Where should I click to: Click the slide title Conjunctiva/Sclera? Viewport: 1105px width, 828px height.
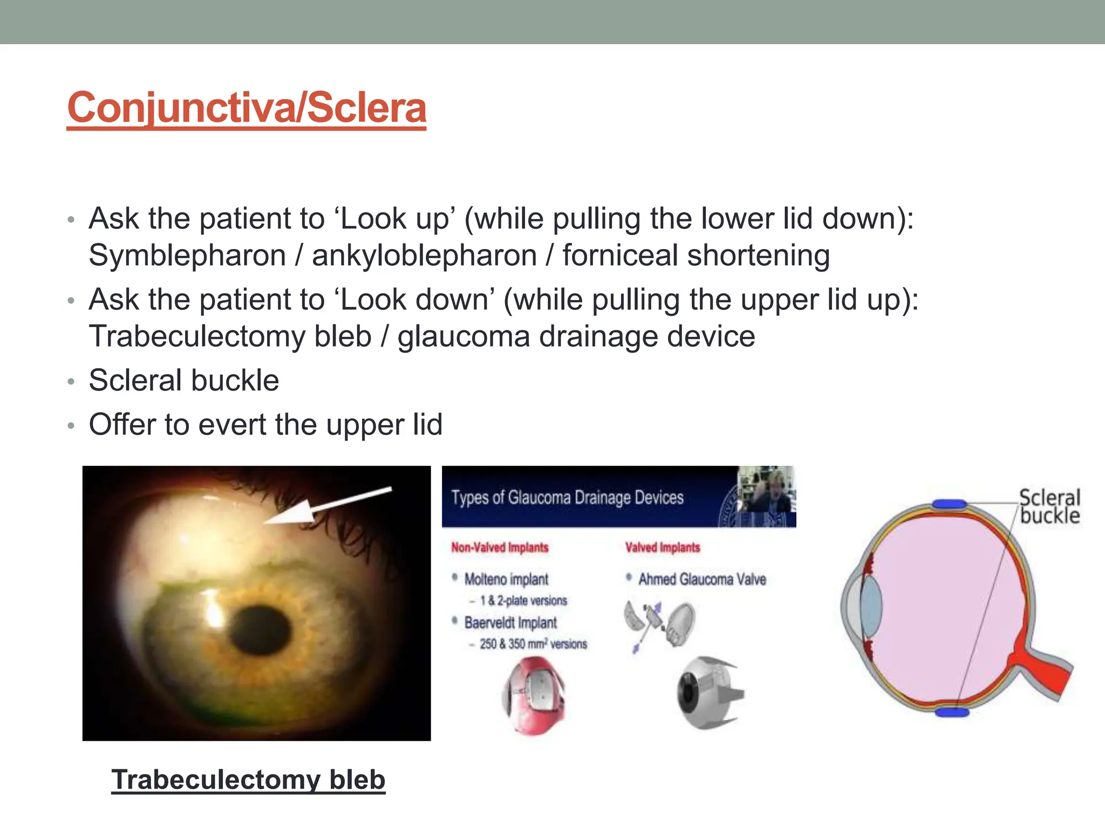coord(247,107)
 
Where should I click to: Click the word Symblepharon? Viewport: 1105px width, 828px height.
coord(187,255)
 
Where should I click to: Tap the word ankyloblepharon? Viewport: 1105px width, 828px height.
coord(424,255)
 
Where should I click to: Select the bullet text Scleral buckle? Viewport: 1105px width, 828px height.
coord(183,380)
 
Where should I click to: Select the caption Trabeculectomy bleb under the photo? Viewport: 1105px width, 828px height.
coord(248,779)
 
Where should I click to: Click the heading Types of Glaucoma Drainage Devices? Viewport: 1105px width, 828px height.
coord(567,497)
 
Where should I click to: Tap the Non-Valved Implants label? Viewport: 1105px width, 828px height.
coord(500,548)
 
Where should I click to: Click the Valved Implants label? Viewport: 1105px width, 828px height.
coord(662,548)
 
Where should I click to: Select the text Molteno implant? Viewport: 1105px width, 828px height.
coord(506,579)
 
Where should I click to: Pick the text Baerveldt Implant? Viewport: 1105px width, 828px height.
coord(510,623)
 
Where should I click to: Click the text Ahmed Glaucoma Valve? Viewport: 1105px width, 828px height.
coord(702,579)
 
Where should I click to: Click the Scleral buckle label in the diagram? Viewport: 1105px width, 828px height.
coord(1049,506)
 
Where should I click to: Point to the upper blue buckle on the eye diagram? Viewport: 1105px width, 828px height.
coord(949,505)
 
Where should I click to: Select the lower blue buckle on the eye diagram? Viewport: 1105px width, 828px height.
coord(952,713)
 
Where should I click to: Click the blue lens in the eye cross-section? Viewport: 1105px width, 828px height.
coord(870,608)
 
